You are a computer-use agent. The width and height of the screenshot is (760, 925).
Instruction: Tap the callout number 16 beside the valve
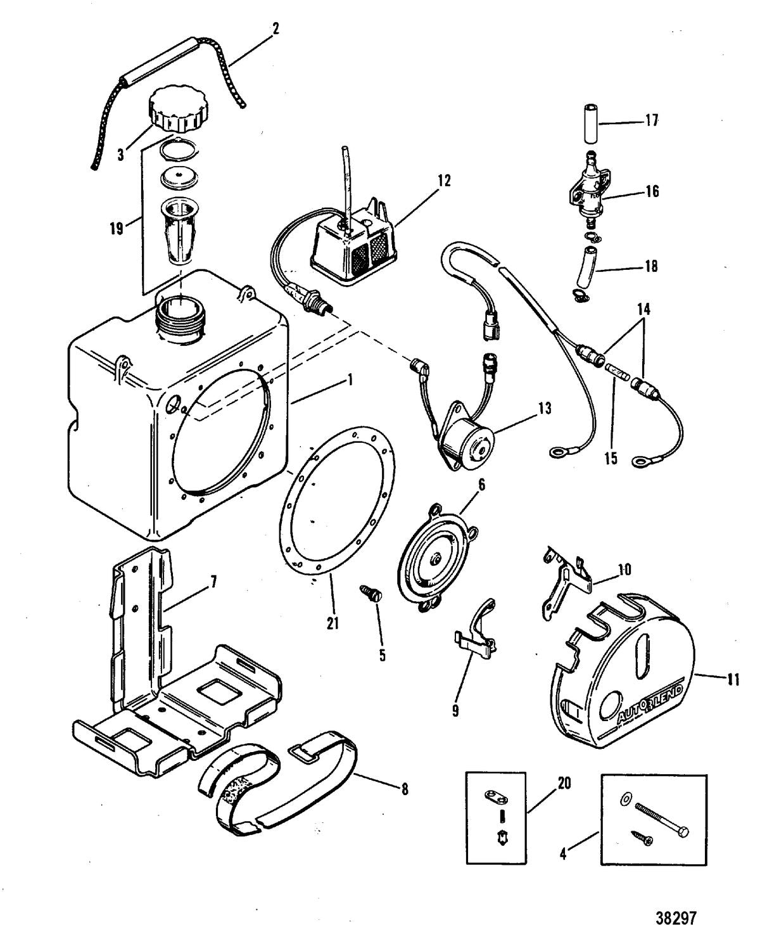tap(652, 191)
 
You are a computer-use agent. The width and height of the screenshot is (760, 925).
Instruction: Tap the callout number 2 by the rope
tap(275, 28)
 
